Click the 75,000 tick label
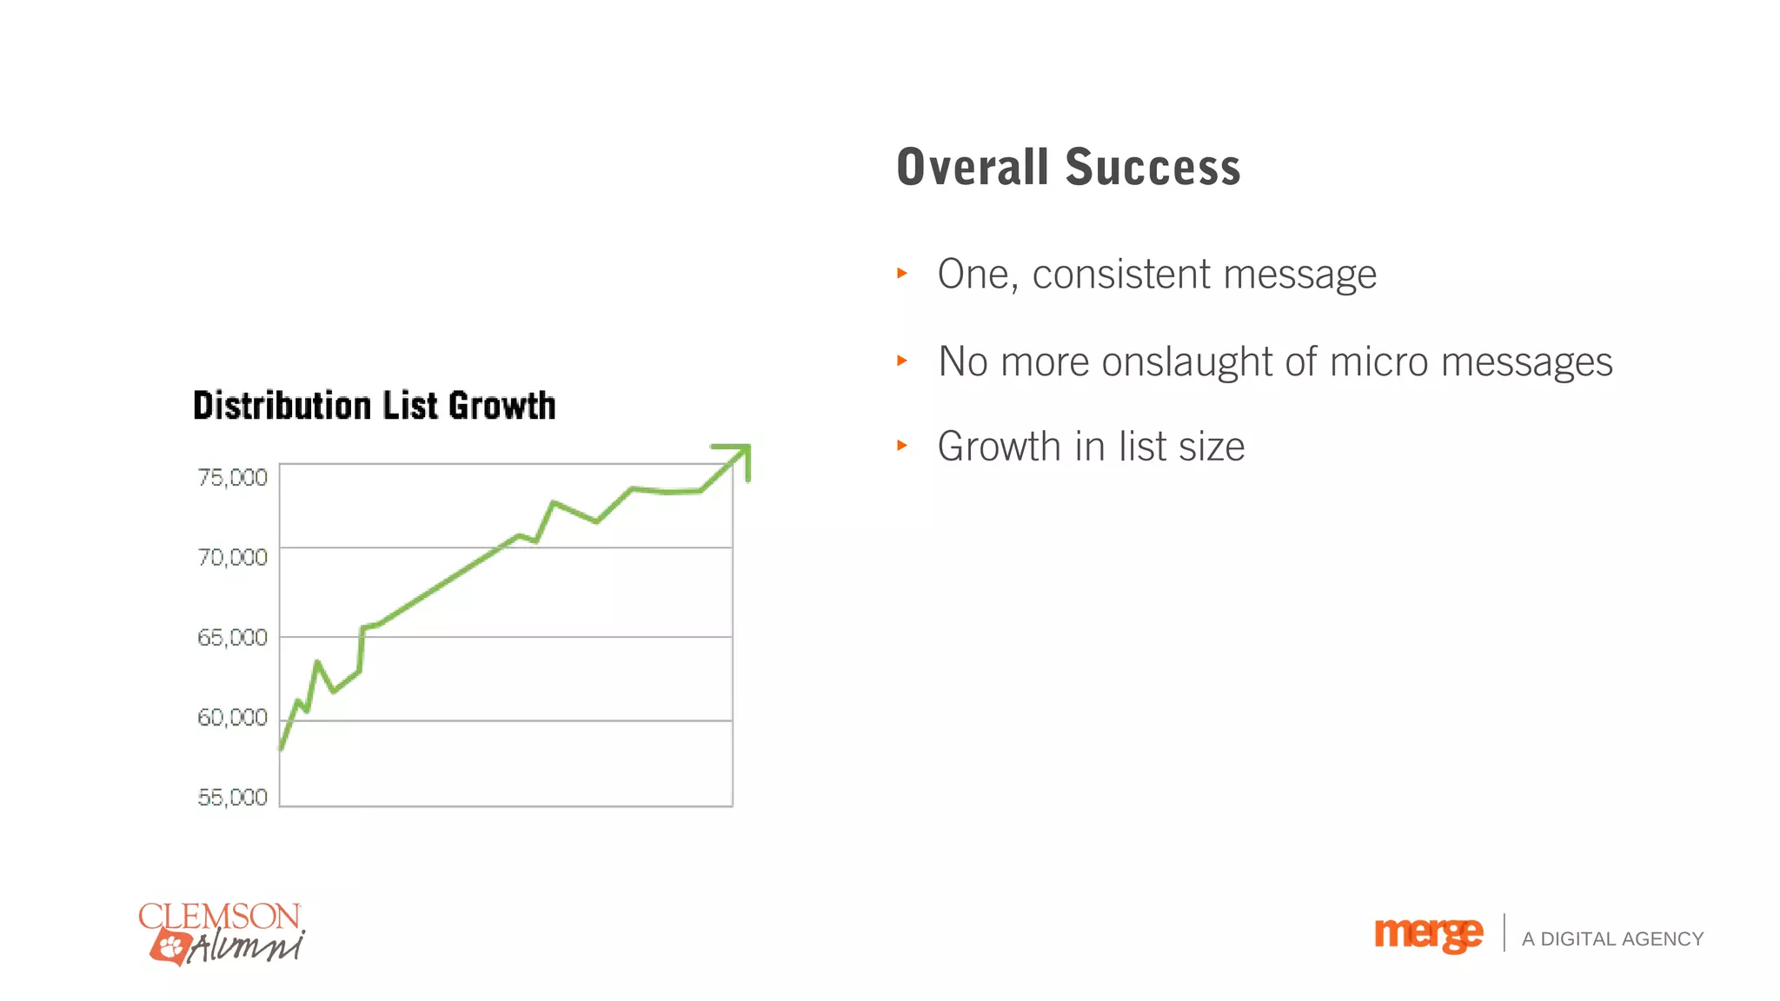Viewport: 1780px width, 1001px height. point(232,477)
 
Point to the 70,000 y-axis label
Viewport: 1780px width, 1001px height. point(232,557)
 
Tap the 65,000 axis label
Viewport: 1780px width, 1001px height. point(232,638)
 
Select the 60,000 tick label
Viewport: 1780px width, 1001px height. point(232,718)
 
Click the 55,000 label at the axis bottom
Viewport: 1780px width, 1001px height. point(232,798)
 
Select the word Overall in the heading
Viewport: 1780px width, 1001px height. point(973,167)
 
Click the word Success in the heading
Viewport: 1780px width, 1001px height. point(1152,167)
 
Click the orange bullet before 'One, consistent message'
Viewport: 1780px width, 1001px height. point(902,273)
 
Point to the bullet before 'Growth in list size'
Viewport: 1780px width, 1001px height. point(902,445)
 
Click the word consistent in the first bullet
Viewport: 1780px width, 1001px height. point(1121,275)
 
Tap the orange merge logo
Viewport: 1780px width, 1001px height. point(1428,934)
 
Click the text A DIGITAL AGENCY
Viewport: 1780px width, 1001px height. point(1612,939)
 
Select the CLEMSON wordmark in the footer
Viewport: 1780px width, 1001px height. point(219,916)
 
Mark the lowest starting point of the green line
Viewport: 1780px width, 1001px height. point(281,747)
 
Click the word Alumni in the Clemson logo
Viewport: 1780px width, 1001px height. point(247,946)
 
